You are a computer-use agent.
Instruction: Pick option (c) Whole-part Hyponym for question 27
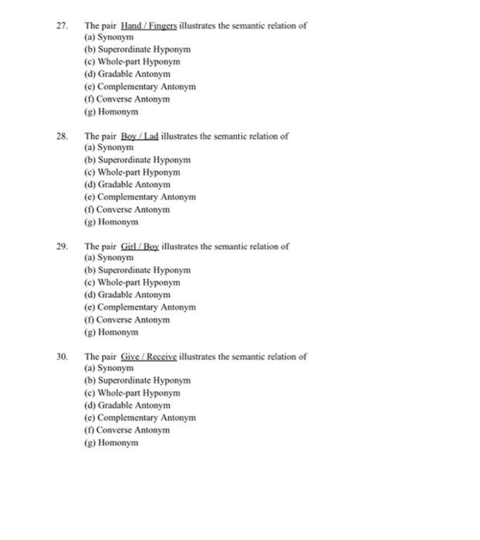point(132,62)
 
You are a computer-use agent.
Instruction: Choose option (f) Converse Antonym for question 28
point(127,209)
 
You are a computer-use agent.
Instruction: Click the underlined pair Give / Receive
point(149,357)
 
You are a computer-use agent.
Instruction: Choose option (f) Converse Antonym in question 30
point(127,430)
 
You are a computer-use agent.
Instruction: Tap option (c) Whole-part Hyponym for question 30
point(132,393)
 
